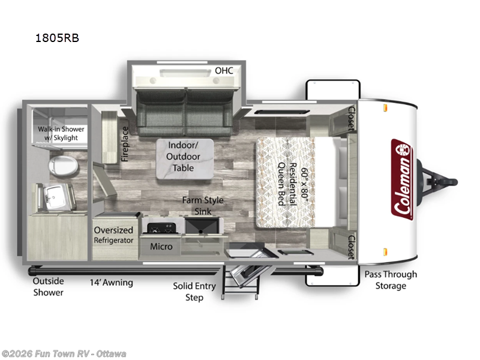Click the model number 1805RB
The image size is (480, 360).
57,38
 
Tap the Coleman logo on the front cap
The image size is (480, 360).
402,179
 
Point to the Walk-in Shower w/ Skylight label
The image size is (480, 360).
61,133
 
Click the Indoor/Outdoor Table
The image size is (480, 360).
185,158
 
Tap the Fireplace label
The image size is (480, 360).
125,144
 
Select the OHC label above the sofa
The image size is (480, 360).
224,71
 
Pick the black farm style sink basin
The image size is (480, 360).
202,226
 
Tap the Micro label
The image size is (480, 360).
161,247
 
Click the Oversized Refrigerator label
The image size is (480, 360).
113,235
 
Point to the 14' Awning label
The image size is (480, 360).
111,282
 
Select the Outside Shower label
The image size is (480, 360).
49,287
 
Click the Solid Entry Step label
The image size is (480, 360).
194,292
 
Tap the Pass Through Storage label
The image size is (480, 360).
391,280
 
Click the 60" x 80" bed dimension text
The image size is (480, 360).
305,184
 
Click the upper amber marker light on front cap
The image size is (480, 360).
385,108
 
